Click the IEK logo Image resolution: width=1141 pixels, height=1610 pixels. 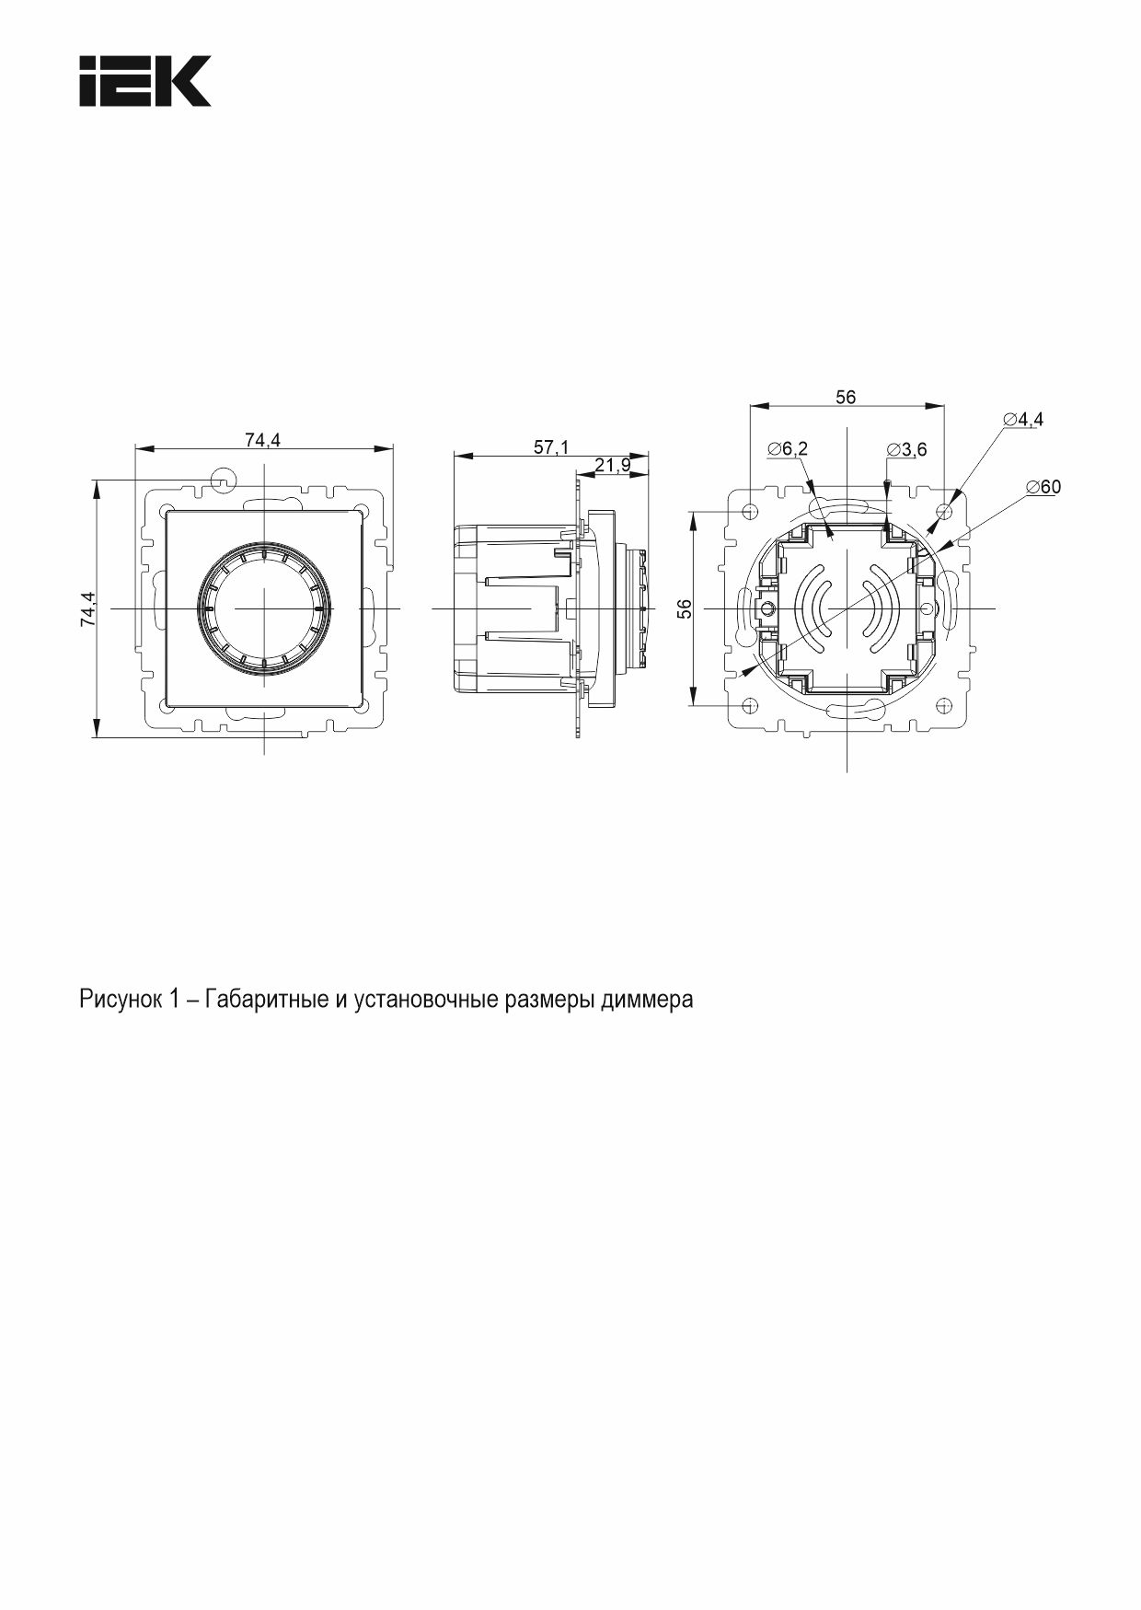click(145, 81)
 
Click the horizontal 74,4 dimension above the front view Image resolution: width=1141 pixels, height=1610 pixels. click(262, 440)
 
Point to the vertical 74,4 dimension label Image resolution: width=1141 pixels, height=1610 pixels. click(87, 608)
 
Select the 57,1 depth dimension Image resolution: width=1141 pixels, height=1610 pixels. click(551, 446)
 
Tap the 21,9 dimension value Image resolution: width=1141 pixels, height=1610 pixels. click(612, 465)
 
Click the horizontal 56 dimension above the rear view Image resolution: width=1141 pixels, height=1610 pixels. click(845, 397)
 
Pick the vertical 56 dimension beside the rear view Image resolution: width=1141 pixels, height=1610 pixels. click(685, 608)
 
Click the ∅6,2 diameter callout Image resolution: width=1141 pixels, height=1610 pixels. click(788, 448)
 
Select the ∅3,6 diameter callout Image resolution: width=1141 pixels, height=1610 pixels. click(907, 449)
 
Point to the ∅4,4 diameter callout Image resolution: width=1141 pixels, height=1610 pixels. click(1023, 419)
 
